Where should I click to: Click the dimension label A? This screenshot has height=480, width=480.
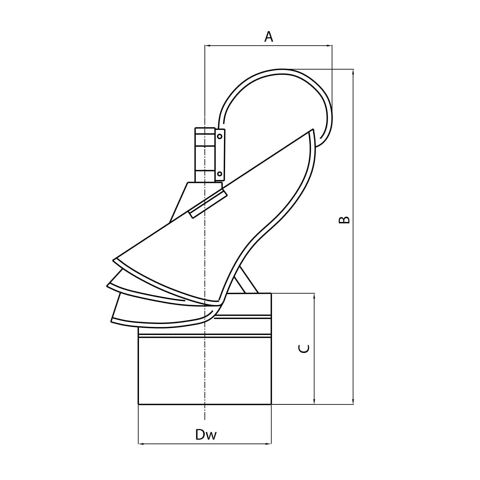(269, 37)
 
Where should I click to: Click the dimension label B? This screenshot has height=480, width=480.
(344, 220)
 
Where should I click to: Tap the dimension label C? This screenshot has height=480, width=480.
(304, 349)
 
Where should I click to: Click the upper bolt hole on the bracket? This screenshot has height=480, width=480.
(220, 137)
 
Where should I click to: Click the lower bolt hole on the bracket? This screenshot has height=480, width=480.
(220, 174)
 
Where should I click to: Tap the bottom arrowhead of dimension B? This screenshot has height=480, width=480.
(353, 401)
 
